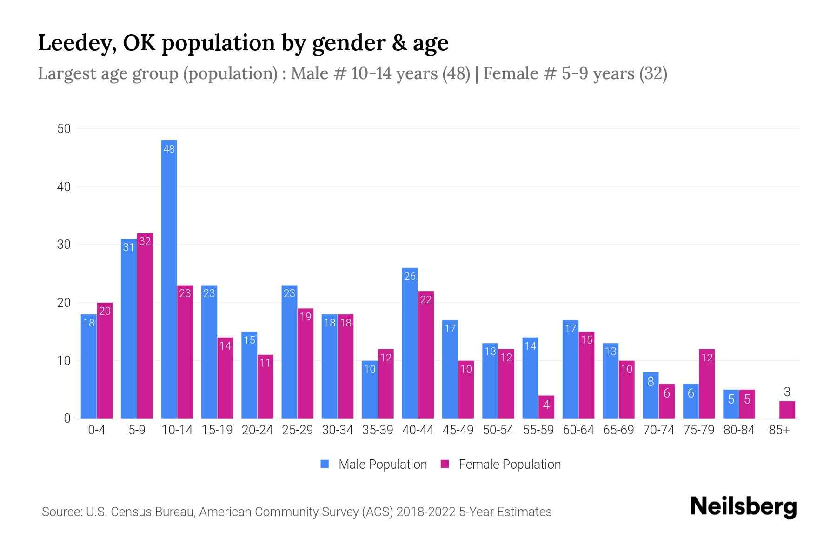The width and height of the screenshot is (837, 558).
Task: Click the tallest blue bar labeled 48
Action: click(169, 279)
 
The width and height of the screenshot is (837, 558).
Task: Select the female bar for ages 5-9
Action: click(145, 325)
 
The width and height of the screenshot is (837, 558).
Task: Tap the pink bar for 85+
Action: click(787, 410)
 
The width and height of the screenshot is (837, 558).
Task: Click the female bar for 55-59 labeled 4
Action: click(546, 407)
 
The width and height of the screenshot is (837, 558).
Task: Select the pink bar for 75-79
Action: click(707, 384)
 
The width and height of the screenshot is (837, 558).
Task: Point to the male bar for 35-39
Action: click(370, 390)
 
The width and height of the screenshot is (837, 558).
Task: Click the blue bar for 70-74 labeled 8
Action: click(651, 395)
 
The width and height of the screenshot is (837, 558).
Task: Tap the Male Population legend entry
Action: click(374, 464)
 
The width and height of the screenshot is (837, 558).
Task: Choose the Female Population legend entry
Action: click(501, 464)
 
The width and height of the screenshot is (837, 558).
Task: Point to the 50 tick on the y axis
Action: click(64, 128)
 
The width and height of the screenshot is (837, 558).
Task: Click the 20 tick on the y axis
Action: click(64, 303)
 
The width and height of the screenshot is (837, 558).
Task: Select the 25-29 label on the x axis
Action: click(297, 430)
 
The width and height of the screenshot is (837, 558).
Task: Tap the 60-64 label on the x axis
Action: click(578, 430)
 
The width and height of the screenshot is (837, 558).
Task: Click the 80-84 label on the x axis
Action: click(738, 430)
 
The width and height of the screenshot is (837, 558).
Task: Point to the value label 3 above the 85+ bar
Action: click(787, 392)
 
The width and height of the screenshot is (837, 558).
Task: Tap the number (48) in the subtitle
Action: click(456, 73)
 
